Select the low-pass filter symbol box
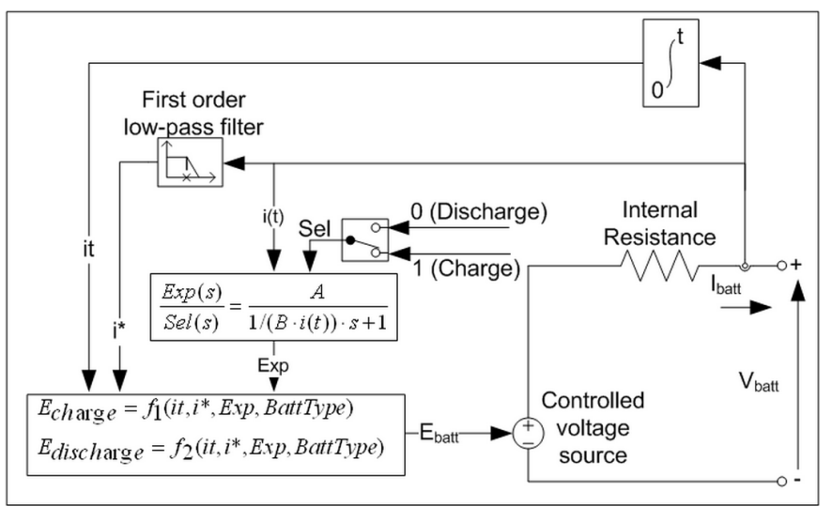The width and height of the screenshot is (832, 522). coord(188,161)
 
